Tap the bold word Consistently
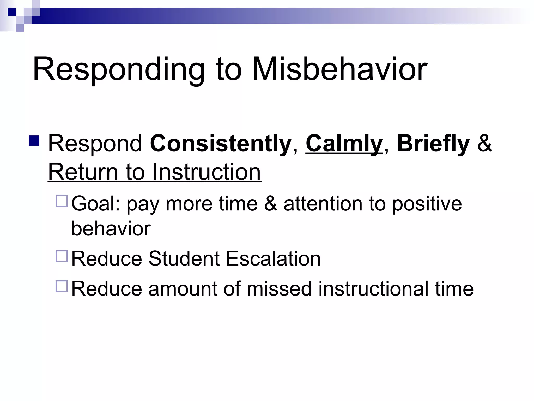221,144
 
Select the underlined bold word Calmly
344,144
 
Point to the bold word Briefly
433,144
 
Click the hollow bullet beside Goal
62,201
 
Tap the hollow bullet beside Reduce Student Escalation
62,256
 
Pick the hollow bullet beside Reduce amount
62,286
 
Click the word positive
427,204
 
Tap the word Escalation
273,259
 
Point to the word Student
184,259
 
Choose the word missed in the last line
279,289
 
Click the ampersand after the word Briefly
484,144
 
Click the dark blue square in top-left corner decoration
11,12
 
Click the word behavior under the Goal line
111,229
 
